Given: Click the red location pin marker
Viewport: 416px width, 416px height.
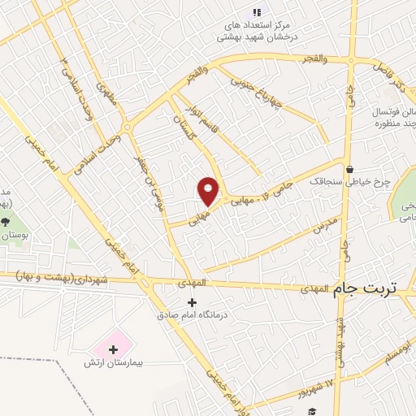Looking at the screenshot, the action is tap(209, 191).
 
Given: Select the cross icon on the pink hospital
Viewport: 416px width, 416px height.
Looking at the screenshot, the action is tap(112, 349).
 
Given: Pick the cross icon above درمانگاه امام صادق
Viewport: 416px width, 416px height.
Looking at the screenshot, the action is tap(192, 302).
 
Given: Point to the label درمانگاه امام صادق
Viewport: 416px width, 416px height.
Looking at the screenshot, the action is tap(193, 314).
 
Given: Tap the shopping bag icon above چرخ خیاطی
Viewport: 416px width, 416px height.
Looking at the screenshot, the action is tap(349, 169).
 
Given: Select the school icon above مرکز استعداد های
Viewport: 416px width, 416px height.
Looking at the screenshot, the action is tap(258, 12).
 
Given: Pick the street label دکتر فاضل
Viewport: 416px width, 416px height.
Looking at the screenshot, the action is tap(389, 74).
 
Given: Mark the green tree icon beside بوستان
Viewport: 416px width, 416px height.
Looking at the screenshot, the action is tap(6, 222).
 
